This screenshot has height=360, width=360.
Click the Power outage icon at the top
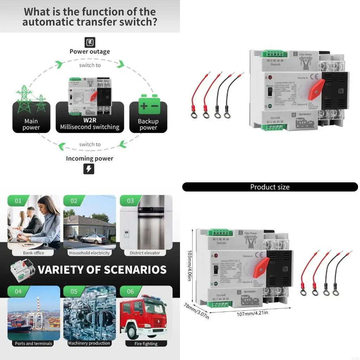(x=90, y=43)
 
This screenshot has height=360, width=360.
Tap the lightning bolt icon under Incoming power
(x=89, y=169)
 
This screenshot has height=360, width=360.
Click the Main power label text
(x=31, y=124)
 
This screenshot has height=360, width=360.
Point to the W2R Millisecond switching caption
(x=90, y=124)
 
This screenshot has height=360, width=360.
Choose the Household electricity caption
(x=89, y=253)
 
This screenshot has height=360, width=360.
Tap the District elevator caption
(x=145, y=253)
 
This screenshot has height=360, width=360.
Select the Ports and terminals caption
(x=33, y=343)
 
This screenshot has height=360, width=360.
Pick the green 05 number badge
(x=74, y=291)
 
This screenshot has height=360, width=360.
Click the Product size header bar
(x=270, y=187)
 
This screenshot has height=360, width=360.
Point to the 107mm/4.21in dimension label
(x=252, y=313)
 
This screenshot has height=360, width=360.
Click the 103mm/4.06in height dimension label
(x=190, y=265)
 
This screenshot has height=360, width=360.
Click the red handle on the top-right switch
(x=316, y=89)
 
